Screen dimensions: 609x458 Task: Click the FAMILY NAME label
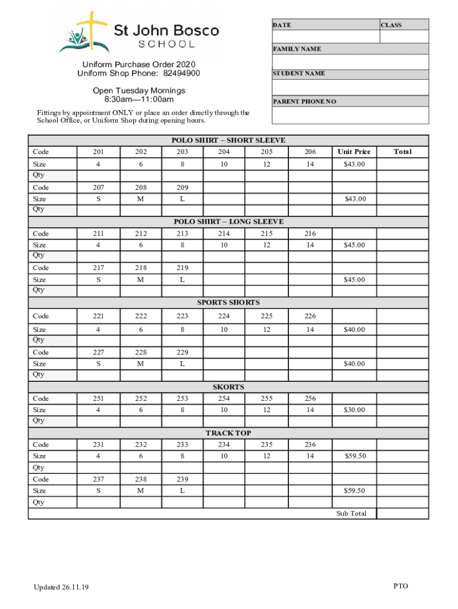click(x=297, y=49)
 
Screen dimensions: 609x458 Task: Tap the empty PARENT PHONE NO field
click(x=350, y=115)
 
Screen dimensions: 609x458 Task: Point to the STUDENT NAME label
click(x=299, y=74)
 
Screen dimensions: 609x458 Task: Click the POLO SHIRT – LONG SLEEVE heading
click(x=228, y=221)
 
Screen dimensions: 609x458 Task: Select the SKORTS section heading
click(x=228, y=387)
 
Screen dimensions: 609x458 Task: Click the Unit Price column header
click(x=354, y=152)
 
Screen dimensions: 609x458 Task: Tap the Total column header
click(x=402, y=152)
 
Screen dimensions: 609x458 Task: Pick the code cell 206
click(x=310, y=152)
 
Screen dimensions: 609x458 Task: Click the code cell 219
click(x=182, y=268)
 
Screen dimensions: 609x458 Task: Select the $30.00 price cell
click(x=354, y=410)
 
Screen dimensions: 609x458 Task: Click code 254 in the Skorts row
click(x=224, y=398)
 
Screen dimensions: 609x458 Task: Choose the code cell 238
click(x=140, y=479)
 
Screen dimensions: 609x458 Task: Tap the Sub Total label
click(x=351, y=513)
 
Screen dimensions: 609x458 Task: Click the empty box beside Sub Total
click(x=402, y=513)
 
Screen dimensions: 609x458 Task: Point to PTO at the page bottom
click(x=400, y=586)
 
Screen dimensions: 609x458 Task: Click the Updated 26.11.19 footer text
click(x=61, y=588)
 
